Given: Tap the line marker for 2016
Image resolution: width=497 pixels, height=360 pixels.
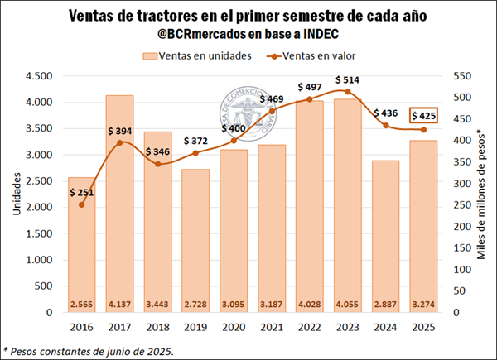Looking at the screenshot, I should pos(81,204).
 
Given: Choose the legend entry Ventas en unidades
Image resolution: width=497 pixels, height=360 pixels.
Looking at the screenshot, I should pos(200,55).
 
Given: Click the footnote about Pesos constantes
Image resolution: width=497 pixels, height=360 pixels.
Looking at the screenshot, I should pos(89,351).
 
